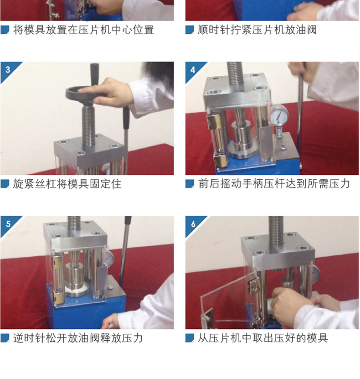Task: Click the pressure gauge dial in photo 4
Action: (x=279, y=115)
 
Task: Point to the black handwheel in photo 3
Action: (x=86, y=93)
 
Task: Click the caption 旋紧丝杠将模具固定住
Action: (x=67, y=184)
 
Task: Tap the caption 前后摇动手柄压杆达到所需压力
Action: (x=274, y=184)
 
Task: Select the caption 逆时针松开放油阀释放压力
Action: (x=78, y=338)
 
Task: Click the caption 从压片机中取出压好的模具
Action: (x=263, y=338)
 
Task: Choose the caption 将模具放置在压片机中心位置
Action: (x=83, y=30)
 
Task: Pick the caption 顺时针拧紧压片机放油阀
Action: (x=257, y=30)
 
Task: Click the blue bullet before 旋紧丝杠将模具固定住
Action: (x=5, y=184)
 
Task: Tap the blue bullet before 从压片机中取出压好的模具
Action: (x=190, y=338)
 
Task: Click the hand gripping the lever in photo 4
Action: (x=299, y=71)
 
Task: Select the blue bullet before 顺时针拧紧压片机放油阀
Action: (x=190, y=30)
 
